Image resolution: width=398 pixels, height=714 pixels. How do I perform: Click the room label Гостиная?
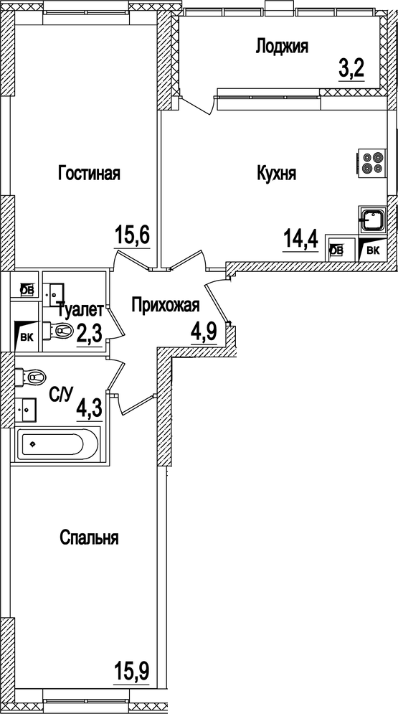(89, 174)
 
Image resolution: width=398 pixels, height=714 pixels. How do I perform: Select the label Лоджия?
(282, 47)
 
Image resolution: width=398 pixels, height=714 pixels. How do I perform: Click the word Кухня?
(277, 174)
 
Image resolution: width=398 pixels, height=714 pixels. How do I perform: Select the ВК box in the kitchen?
(373, 250)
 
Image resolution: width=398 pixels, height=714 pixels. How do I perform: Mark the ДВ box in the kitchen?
(336, 250)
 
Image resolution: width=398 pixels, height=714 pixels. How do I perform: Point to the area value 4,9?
(203, 333)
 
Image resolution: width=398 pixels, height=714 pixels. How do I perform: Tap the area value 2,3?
(90, 335)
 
